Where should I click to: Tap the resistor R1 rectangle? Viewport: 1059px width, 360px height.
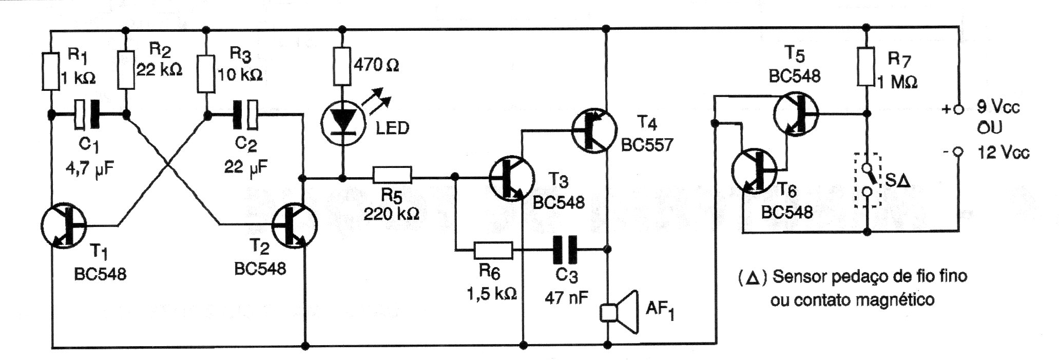51,70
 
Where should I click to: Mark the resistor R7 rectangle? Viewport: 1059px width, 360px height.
867,67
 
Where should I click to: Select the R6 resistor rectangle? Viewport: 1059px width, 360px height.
493,251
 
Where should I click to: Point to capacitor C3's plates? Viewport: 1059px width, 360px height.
565,250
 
